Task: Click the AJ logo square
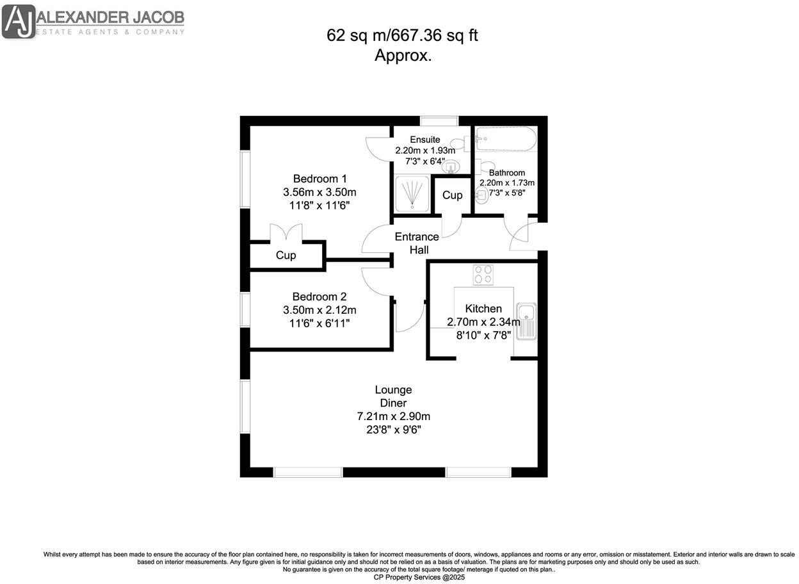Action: (x=19, y=21)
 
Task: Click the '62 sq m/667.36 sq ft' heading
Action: (x=402, y=36)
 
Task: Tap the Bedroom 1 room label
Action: (x=319, y=178)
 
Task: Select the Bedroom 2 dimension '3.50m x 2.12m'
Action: (x=319, y=310)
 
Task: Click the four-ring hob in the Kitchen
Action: (x=484, y=274)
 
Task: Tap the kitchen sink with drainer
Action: (x=527, y=322)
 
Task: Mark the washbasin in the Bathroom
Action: (x=482, y=199)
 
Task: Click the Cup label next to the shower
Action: (x=452, y=195)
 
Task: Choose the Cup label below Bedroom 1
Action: (x=286, y=255)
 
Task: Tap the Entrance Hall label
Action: (x=416, y=243)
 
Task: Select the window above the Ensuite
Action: (x=439, y=120)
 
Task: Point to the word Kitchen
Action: (x=483, y=309)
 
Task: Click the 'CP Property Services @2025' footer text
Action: (x=419, y=577)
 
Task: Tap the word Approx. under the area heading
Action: (x=402, y=56)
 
